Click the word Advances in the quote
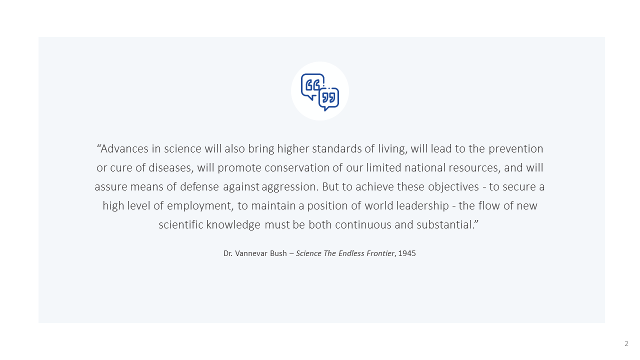[124, 149]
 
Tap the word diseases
[171, 168]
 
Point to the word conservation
[297, 168]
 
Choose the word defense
[199, 187]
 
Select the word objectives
[453, 187]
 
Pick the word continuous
[363, 225]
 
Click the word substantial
[445, 225]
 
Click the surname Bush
[278, 253]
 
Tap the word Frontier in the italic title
[380, 253]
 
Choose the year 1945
[407, 253]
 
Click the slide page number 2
[626, 343]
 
